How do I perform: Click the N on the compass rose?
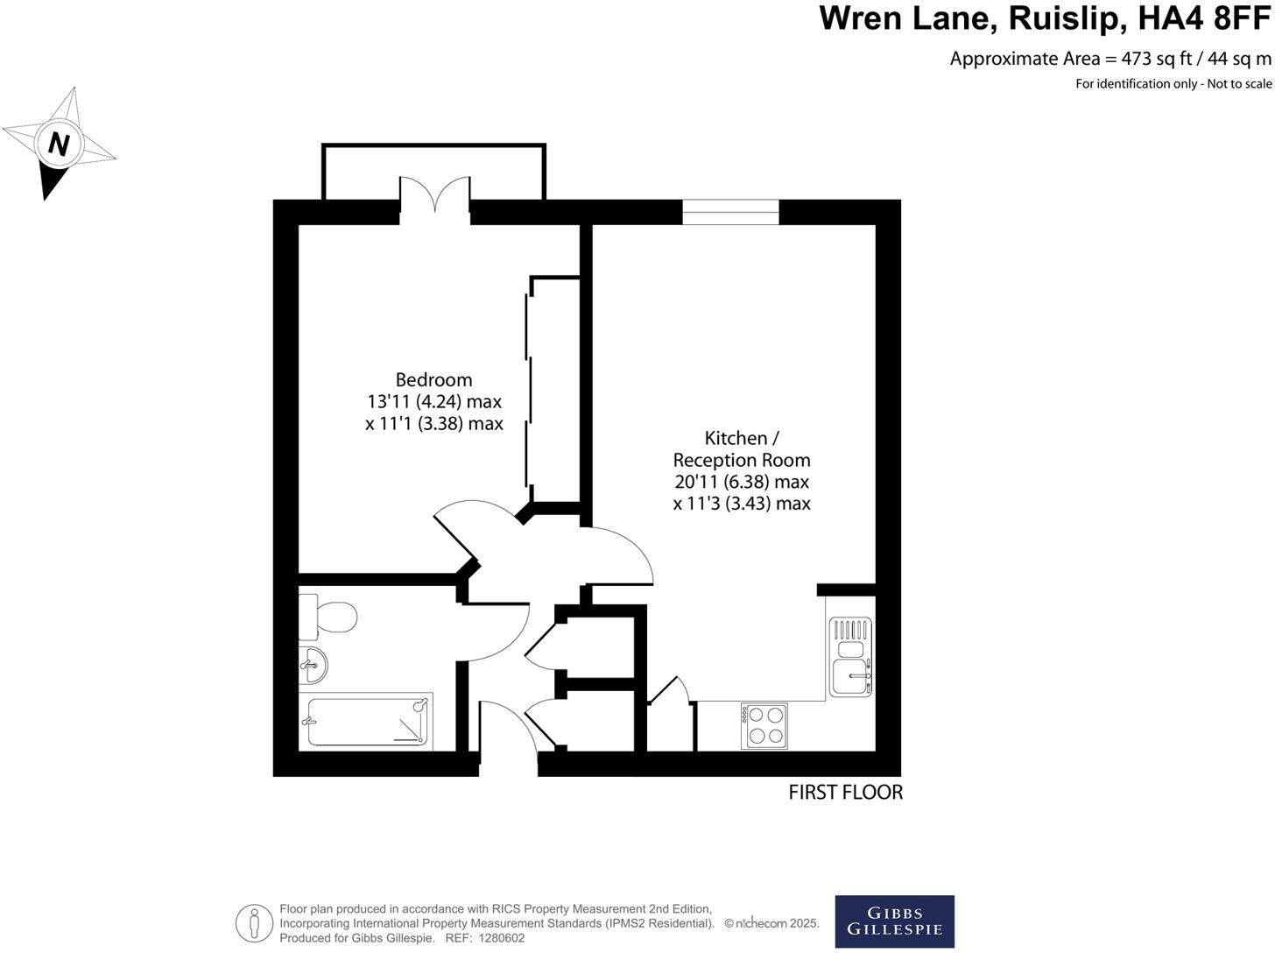(x=59, y=143)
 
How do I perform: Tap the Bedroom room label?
(x=433, y=379)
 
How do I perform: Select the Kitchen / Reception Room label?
(x=742, y=448)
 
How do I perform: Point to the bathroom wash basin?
(x=313, y=666)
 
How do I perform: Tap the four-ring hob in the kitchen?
(x=764, y=726)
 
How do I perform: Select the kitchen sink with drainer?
(x=850, y=657)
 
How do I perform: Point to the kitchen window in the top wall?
(x=730, y=212)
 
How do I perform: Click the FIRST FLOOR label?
(x=845, y=793)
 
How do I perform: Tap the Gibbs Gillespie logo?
(x=894, y=921)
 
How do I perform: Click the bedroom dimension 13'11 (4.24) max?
(x=434, y=402)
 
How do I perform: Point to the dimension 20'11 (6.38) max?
(x=742, y=482)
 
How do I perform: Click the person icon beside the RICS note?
(x=254, y=923)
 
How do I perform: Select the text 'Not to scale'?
(x=1239, y=84)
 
